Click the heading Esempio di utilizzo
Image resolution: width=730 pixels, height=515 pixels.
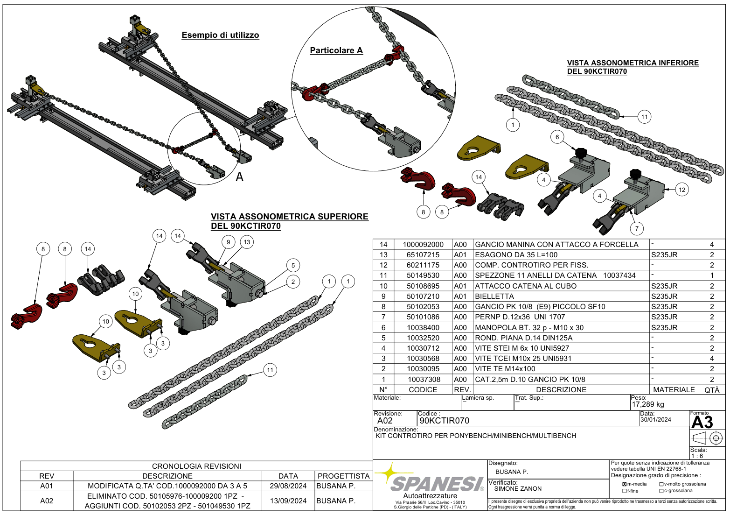pos(220,35)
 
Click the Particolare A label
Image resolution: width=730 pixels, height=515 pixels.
pos(336,50)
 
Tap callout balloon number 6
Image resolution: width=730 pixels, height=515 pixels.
pos(557,137)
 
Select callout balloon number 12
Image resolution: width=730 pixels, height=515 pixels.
pos(682,190)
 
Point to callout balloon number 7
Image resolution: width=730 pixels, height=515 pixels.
pos(637,228)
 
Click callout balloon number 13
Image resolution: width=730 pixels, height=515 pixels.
pos(247,242)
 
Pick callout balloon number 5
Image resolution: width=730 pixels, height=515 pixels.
pos(293,265)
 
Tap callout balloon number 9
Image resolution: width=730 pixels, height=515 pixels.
pos(228,242)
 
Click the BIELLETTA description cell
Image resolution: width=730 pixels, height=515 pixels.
pos(494,296)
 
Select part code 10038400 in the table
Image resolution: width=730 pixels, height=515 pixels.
pos(423,328)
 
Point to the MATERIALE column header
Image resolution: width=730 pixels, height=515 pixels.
pos(674,389)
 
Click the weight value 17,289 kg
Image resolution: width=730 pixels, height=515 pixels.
pos(647,404)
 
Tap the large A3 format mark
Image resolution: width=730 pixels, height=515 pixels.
pos(702,423)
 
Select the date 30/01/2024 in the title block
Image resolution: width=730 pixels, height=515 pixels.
pos(655,420)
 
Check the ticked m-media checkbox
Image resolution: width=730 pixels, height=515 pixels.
pos(624,484)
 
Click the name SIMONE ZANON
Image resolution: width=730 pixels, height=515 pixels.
pos(518,489)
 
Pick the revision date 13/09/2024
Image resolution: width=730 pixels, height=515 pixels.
pos(288,501)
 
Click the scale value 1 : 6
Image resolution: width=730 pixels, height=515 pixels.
pos(697,456)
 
